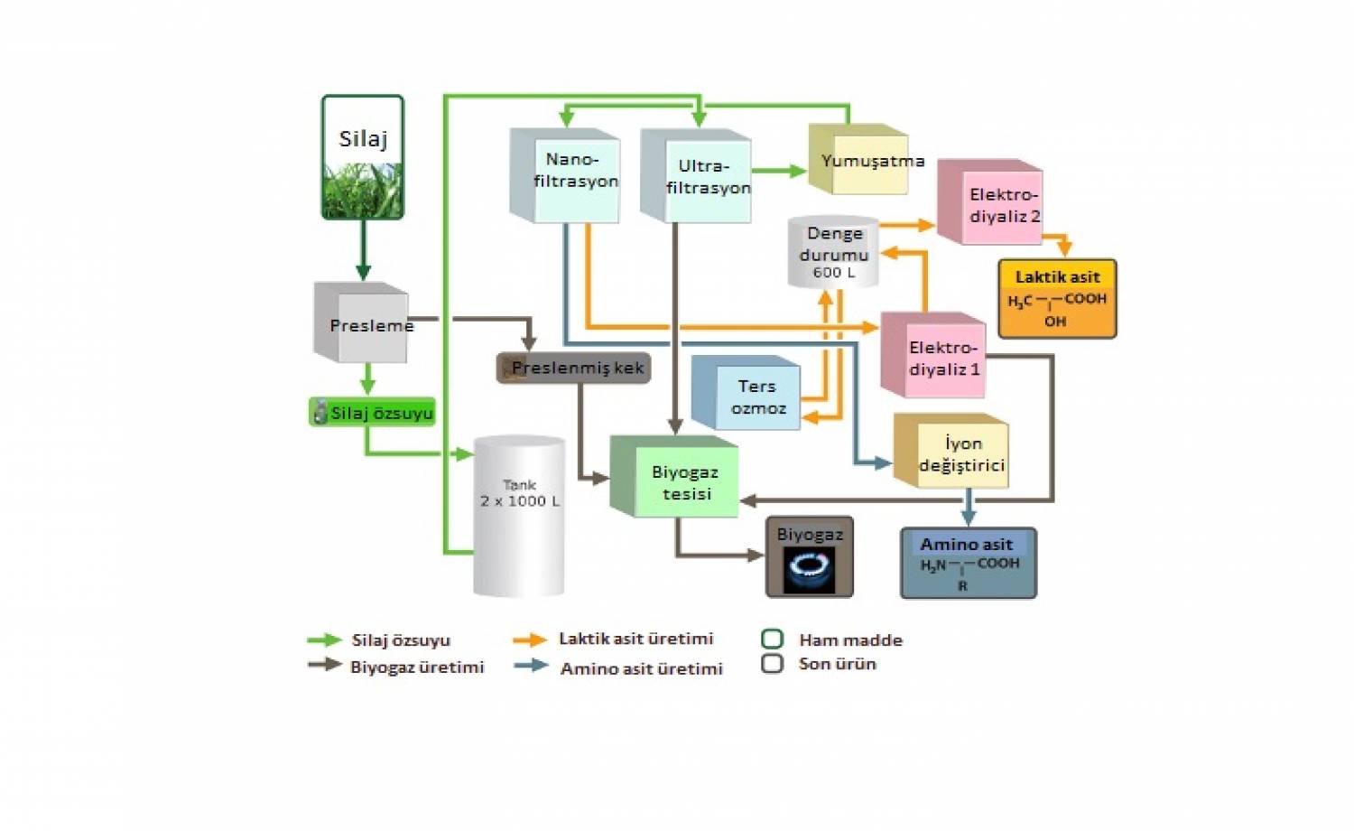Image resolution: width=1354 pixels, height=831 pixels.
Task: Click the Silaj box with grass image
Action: pos(363,158)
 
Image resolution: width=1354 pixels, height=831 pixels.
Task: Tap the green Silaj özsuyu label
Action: pos(373,413)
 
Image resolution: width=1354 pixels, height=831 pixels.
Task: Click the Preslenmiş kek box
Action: pos(574,368)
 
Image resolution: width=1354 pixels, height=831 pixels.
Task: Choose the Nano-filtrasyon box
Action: pos(567,177)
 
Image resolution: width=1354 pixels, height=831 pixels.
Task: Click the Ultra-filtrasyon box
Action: pos(698,178)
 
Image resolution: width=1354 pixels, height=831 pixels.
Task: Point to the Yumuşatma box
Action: pos(860,161)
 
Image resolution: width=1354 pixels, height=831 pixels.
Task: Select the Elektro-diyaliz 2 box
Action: pos(991,204)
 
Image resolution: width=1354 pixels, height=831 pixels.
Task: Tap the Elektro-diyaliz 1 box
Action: pos(934,358)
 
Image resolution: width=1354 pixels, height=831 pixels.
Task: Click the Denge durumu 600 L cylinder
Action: pos(833,252)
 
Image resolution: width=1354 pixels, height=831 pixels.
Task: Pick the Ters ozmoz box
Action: pos(747,395)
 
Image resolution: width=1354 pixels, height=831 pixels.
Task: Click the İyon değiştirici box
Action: pos(951,453)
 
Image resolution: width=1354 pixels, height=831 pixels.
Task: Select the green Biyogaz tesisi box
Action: pos(675,480)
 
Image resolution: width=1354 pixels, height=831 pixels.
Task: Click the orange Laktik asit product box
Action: pos(1057,299)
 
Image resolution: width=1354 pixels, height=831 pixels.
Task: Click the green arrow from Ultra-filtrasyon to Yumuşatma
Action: pos(779,170)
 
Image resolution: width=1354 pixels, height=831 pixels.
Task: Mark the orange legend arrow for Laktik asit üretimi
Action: pos(530,640)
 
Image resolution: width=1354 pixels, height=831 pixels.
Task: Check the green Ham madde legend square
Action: pos(772,640)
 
